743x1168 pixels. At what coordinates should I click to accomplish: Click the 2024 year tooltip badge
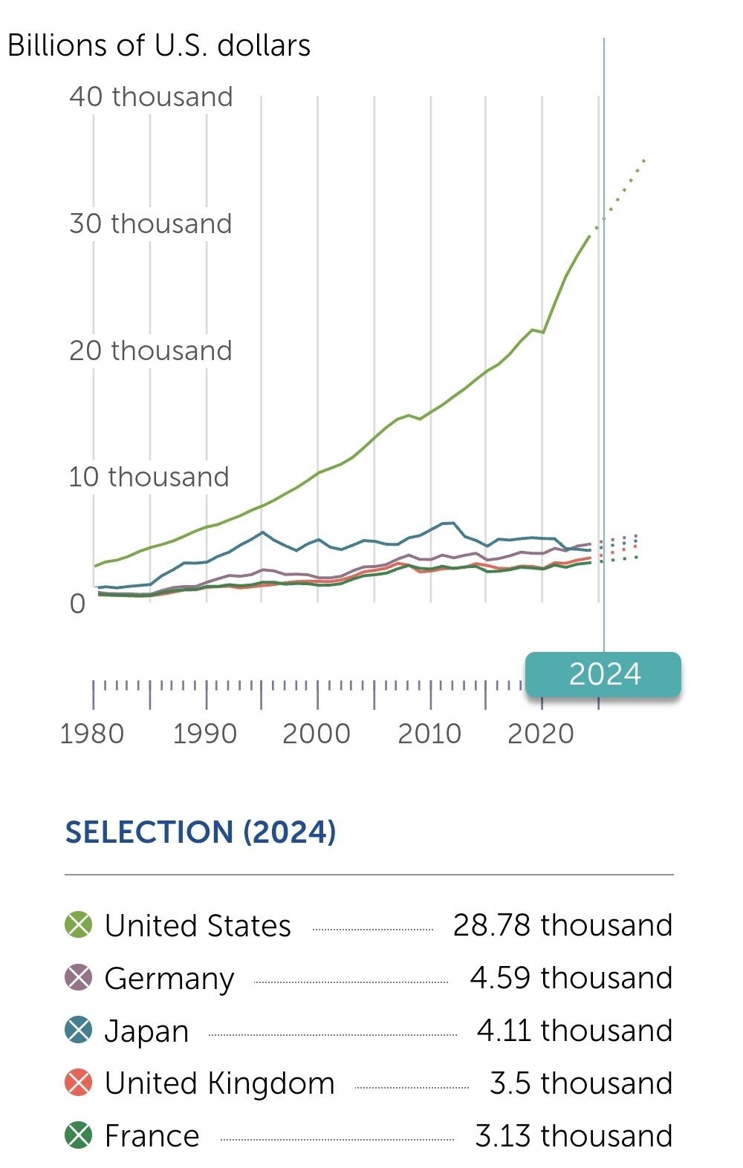(603, 674)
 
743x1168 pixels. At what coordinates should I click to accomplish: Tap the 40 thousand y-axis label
(151, 97)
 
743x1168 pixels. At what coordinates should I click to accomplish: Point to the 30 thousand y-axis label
(151, 224)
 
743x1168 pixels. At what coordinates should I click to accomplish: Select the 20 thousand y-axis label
(151, 350)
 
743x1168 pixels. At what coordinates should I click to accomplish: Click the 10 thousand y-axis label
(149, 477)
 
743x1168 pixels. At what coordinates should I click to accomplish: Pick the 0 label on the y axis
(78, 604)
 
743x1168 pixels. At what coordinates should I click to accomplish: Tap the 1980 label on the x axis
(91, 734)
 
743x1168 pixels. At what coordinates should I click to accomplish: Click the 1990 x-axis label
(204, 734)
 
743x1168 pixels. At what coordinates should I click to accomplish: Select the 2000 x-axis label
(317, 734)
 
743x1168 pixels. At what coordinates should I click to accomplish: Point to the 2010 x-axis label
(429, 734)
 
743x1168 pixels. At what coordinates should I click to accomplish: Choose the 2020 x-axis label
(541, 734)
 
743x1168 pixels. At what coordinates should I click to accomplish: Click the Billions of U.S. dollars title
(159, 46)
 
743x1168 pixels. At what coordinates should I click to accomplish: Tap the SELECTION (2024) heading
(201, 832)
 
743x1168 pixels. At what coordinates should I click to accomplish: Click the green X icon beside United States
(79, 925)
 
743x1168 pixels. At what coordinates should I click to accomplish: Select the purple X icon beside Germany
(79, 978)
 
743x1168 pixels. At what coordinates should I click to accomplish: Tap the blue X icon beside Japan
(79, 1031)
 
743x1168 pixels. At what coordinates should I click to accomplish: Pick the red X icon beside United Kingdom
(79, 1083)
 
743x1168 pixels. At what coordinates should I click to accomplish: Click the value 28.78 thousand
(562, 925)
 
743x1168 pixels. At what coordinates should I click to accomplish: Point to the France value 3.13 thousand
(574, 1136)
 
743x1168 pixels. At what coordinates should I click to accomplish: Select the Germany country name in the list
(169, 979)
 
